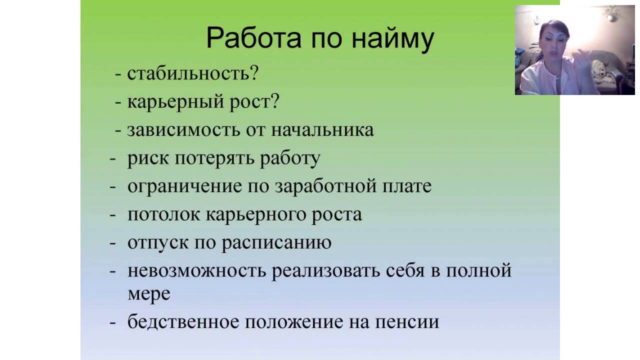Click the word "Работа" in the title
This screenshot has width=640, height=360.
[x=253, y=38]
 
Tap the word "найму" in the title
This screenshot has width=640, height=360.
[x=393, y=40]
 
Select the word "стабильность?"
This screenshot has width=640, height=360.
[x=193, y=73]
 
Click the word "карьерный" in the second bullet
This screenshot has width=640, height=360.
[x=175, y=102]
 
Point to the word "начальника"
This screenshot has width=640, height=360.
[x=322, y=130]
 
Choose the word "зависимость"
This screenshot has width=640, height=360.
[x=183, y=130]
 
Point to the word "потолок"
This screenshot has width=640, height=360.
[x=163, y=215]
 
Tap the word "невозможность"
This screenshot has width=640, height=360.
[x=197, y=270]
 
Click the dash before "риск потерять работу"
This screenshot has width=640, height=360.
[x=113, y=159]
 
